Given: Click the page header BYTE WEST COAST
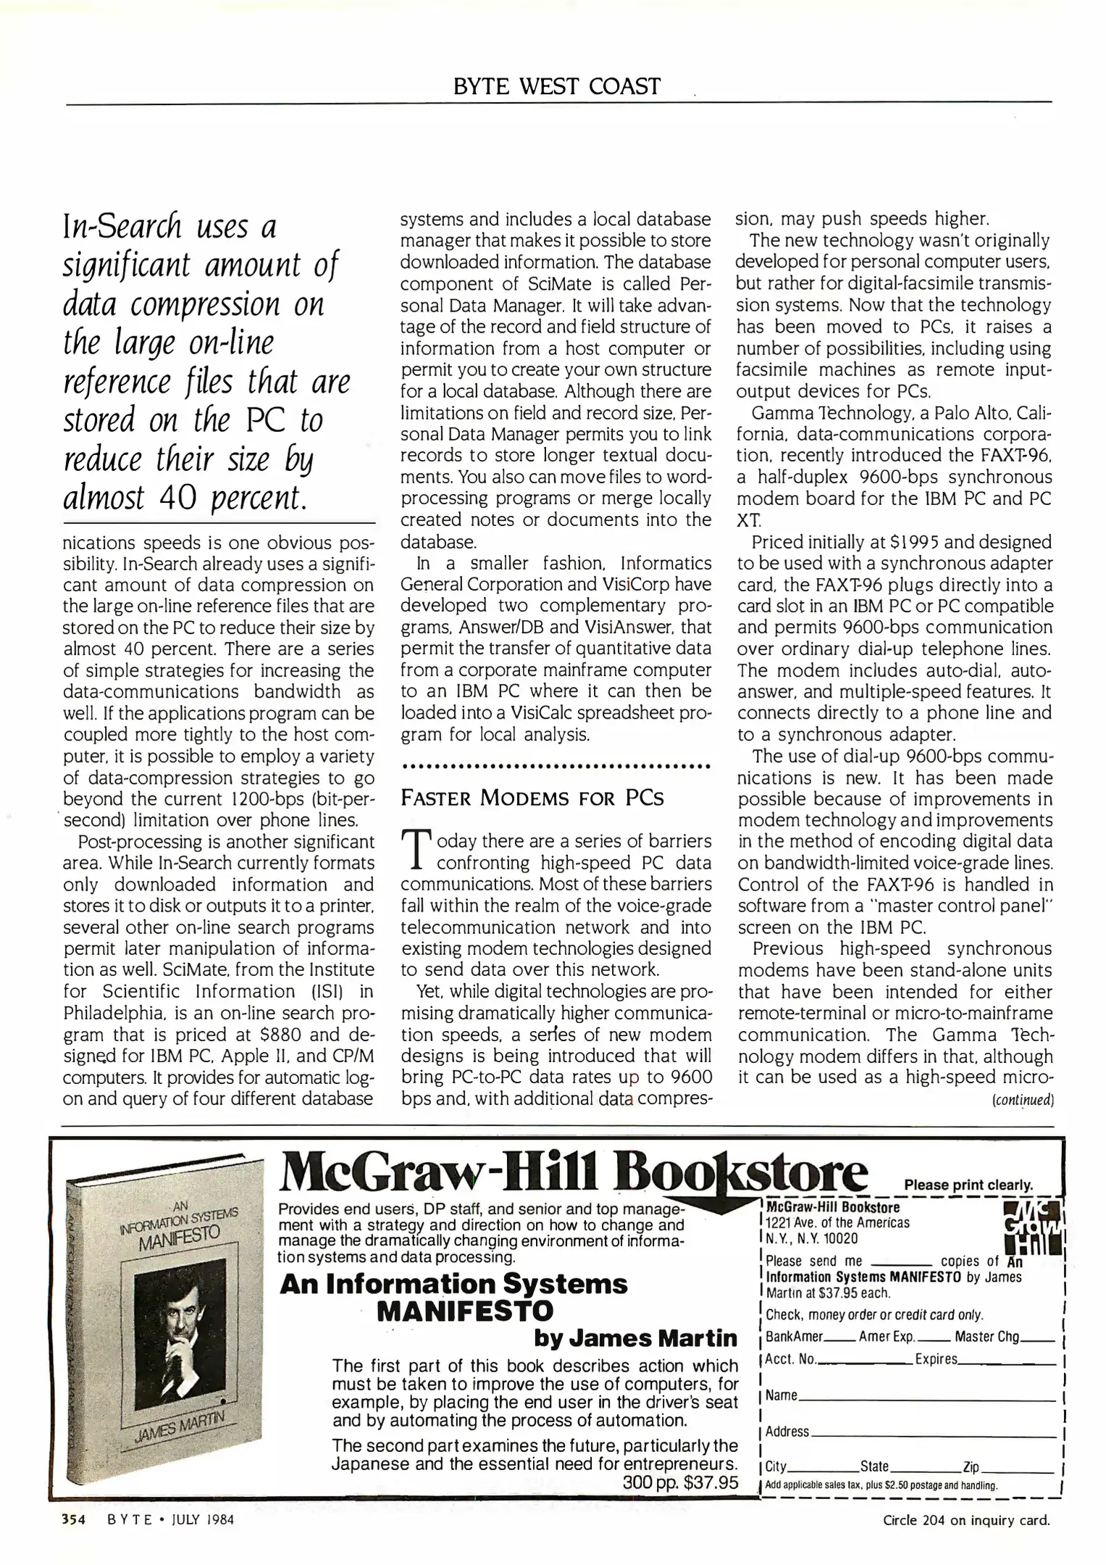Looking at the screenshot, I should (556, 86).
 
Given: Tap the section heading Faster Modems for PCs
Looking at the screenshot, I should (532, 798).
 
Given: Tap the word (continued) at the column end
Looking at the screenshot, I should (1021, 1100).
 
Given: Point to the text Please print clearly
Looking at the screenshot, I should (968, 1185).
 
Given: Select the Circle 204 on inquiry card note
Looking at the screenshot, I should (966, 1520).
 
